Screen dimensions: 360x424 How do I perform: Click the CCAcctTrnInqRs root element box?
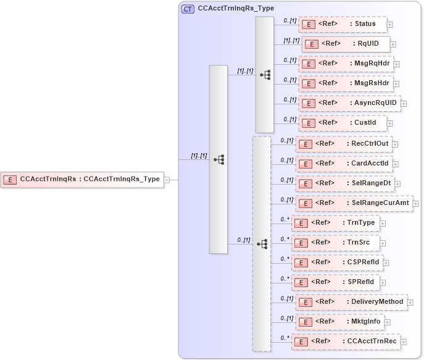click(81, 180)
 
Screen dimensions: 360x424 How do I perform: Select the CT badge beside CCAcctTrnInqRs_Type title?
click(187, 9)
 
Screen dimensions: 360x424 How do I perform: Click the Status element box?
click(342, 24)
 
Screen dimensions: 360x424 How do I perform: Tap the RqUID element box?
click(345, 44)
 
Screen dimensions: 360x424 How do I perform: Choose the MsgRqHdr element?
click(345, 64)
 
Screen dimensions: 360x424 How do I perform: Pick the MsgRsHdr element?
click(345, 83)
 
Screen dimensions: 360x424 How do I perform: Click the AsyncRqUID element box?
click(349, 103)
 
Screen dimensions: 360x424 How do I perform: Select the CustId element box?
click(342, 123)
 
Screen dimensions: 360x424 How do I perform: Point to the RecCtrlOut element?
click(343, 144)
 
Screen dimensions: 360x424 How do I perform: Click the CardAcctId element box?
click(343, 164)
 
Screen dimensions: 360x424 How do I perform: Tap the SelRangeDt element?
click(343, 183)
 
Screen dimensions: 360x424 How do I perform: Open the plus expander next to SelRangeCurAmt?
click(415, 204)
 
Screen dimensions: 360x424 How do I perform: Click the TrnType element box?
click(336, 223)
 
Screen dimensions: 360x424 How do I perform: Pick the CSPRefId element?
click(337, 262)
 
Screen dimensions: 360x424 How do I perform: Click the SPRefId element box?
click(336, 282)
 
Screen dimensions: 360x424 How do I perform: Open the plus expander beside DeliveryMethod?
click(410, 303)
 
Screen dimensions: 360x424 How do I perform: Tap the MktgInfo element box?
click(339, 322)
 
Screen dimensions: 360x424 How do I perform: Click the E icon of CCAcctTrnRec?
click(299, 341)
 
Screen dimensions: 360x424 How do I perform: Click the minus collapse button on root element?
click(167, 180)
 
